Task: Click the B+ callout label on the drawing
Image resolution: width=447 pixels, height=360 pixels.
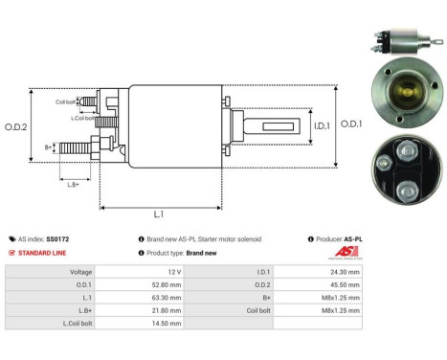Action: click(x=49, y=146)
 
